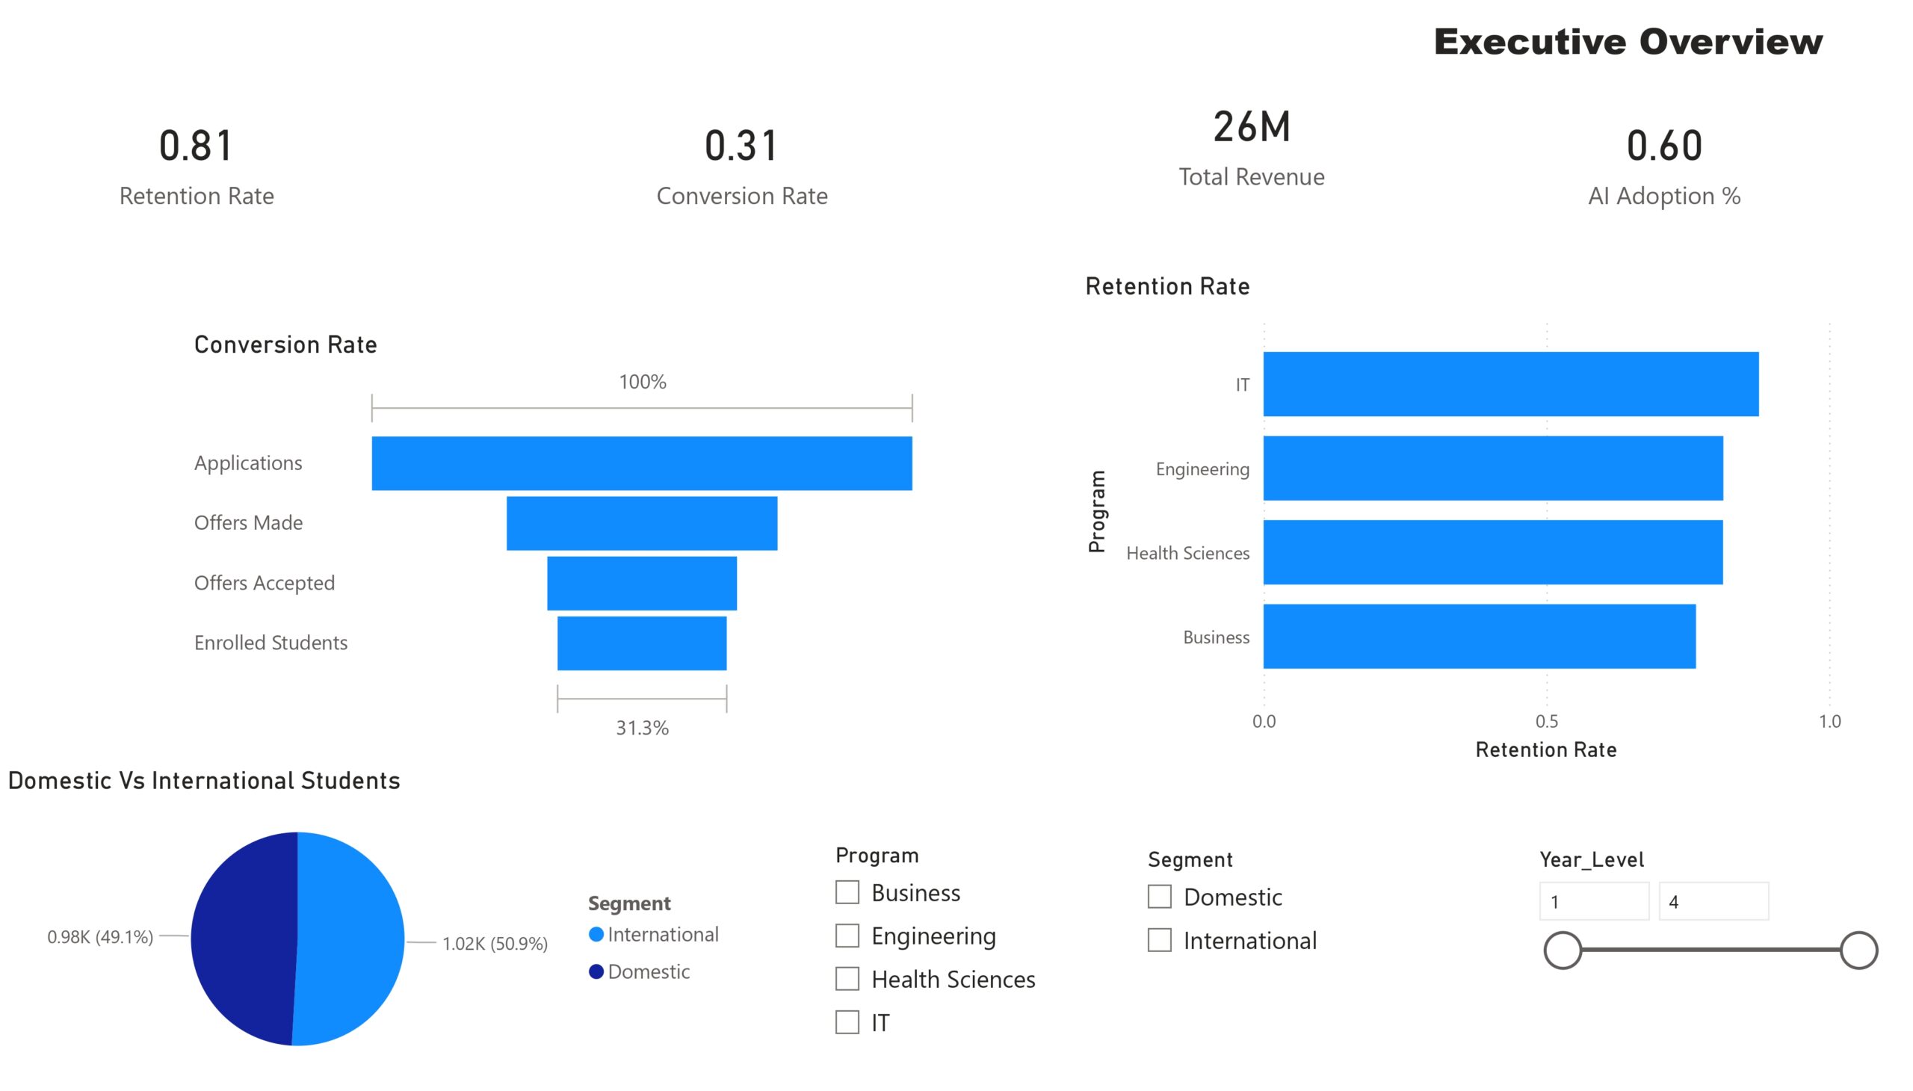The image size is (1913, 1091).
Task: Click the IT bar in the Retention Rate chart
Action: pyautogui.click(x=1510, y=383)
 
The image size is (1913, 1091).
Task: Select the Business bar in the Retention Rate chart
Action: pyautogui.click(x=1478, y=636)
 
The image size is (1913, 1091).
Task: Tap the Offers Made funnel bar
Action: pyautogui.click(x=641, y=523)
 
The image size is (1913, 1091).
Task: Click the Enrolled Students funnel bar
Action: pyautogui.click(x=641, y=643)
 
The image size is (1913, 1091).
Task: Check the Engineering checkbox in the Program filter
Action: pyautogui.click(x=847, y=935)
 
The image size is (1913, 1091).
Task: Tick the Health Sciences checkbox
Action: pyautogui.click(x=847, y=979)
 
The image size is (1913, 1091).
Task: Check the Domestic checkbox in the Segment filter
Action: pyautogui.click(x=1159, y=896)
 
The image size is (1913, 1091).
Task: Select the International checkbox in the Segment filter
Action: pyautogui.click(x=1159, y=939)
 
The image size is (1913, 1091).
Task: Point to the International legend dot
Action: pyautogui.click(x=596, y=933)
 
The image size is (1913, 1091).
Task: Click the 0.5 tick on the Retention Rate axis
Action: pyautogui.click(x=1546, y=721)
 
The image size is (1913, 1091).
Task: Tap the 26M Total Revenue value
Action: pyautogui.click(x=1252, y=126)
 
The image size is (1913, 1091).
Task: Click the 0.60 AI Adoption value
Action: pyautogui.click(x=1663, y=146)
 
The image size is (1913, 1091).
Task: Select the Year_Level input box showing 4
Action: pyautogui.click(x=1713, y=901)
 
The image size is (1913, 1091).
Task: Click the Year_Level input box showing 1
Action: pyautogui.click(x=1594, y=901)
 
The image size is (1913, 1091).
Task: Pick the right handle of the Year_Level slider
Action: pyautogui.click(x=1858, y=950)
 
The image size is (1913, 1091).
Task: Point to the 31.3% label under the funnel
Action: pyautogui.click(x=642, y=728)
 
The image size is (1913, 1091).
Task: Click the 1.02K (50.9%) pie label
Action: pyautogui.click(x=495, y=943)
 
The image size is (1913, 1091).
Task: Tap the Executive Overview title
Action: pyautogui.click(x=1628, y=42)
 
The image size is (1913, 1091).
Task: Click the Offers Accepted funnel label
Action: pyautogui.click(x=265, y=583)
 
